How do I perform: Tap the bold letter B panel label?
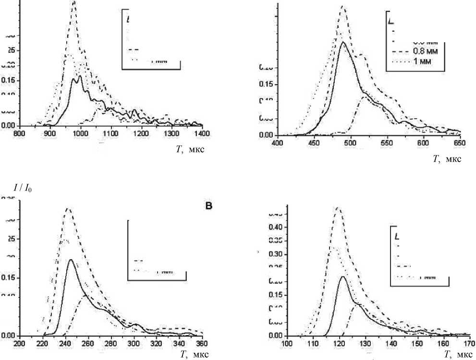pos(208,206)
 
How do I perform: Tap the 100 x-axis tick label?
pos(287,343)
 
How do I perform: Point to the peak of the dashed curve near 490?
pos(343,6)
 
